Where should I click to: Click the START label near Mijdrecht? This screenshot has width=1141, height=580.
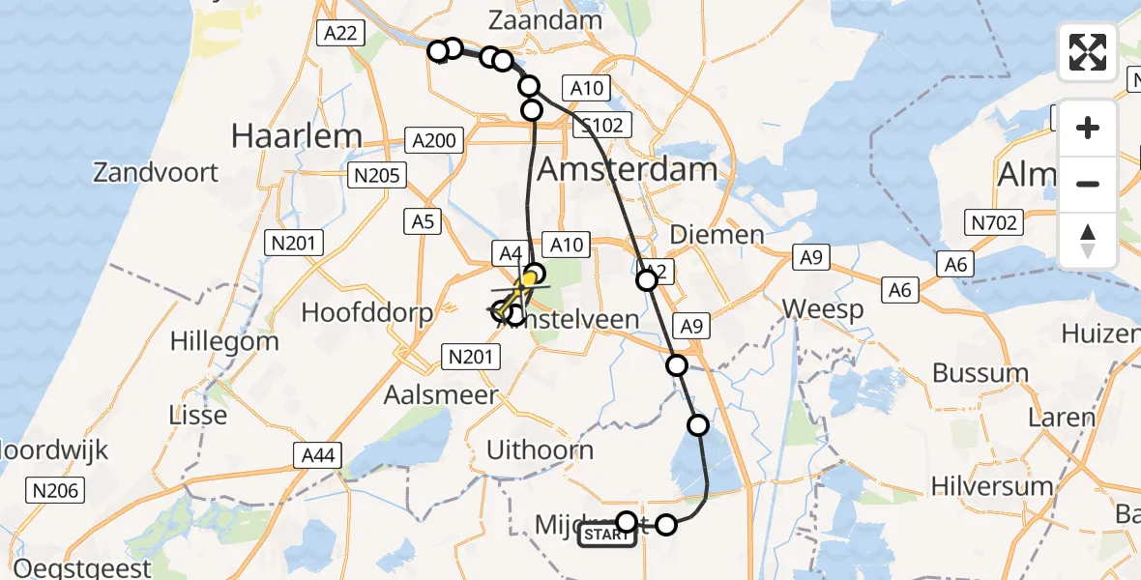tap(607, 536)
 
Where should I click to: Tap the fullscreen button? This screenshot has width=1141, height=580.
tap(1088, 52)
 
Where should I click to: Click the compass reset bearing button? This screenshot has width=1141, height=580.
tap(1088, 240)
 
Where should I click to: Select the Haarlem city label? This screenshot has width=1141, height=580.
tap(297, 136)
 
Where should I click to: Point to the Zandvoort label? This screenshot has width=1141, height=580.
tap(156, 173)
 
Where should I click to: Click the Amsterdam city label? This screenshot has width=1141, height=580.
tap(627, 170)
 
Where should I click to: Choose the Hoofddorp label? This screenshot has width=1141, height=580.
tap(366, 312)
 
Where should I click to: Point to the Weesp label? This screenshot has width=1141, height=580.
tap(823, 309)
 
